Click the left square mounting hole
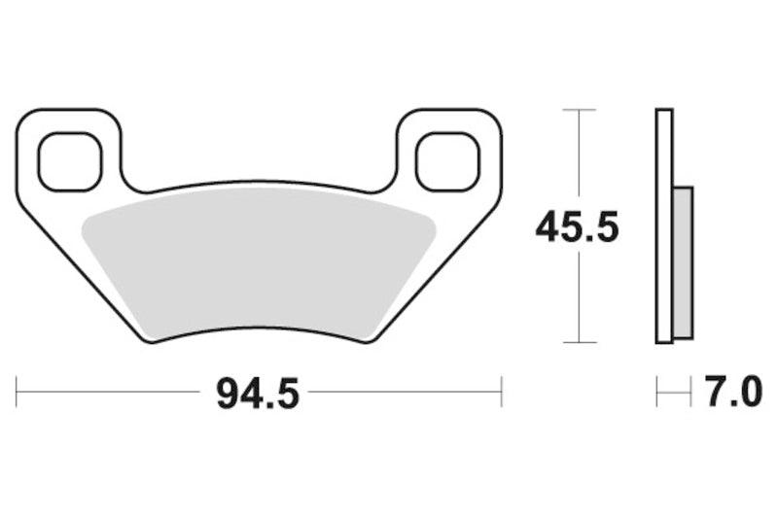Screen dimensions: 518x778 click(x=69, y=160)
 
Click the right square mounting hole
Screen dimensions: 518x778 click(x=448, y=160)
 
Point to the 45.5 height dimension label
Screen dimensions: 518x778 click(x=577, y=228)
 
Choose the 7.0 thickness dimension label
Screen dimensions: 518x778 click(x=725, y=394)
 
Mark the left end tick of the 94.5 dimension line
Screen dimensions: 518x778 click(x=18, y=393)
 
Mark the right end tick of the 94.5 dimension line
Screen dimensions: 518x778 click(x=501, y=393)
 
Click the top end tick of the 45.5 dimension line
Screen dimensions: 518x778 click(x=580, y=110)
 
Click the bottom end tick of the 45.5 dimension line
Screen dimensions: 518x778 click(x=580, y=342)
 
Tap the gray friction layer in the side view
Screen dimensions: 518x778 click(x=683, y=262)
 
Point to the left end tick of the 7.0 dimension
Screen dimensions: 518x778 click(x=657, y=393)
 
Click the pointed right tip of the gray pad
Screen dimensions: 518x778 click(x=434, y=226)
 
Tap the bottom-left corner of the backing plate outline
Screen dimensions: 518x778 click(x=148, y=340)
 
